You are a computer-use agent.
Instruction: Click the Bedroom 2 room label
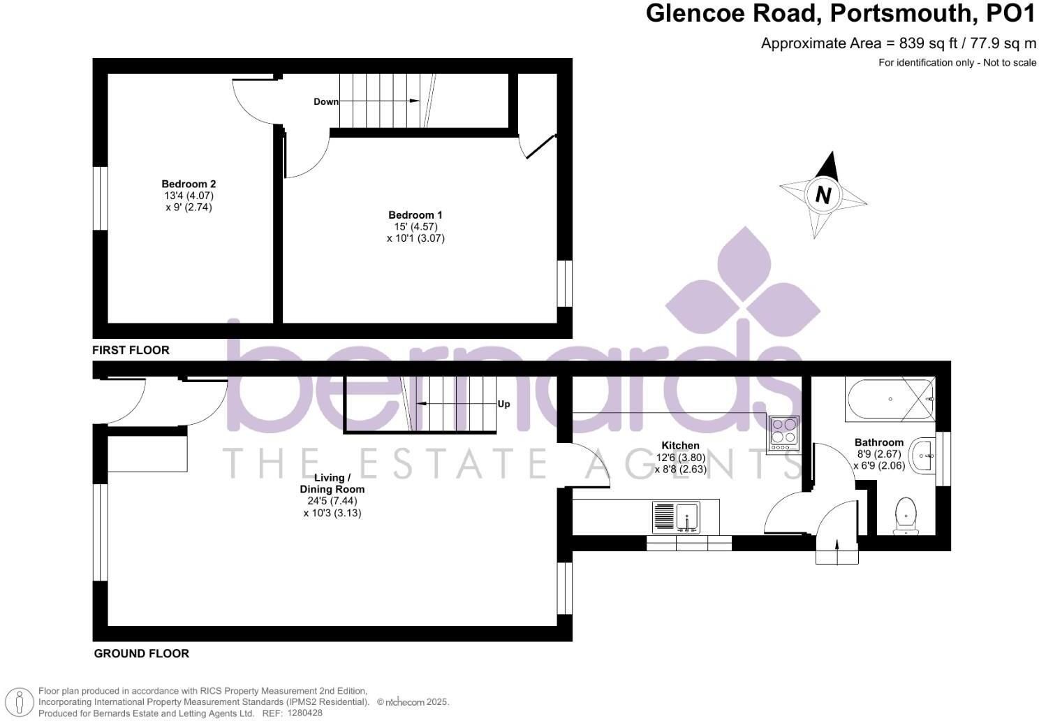coord(189,184)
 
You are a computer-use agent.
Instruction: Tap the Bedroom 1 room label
coord(415,214)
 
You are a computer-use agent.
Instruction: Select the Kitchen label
coord(681,446)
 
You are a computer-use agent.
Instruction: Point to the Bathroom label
coord(879,442)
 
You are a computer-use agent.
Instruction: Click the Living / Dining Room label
coord(332,483)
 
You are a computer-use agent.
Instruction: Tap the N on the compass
coord(823,195)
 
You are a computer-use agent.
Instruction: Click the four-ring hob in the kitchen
coord(784,434)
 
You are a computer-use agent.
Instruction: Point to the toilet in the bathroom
coord(906,516)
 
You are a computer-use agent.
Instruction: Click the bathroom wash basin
coord(922,455)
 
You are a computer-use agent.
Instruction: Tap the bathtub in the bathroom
coord(890,399)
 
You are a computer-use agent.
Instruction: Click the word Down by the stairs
coord(326,101)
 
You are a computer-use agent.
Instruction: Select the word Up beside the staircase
coord(503,404)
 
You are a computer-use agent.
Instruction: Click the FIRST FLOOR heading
coord(131,350)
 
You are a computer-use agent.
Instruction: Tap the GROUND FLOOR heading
coord(142,653)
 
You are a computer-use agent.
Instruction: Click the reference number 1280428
coord(304,713)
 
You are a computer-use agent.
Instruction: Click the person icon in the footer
coord(19,702)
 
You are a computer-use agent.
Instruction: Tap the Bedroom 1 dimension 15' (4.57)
coord(415,226)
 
